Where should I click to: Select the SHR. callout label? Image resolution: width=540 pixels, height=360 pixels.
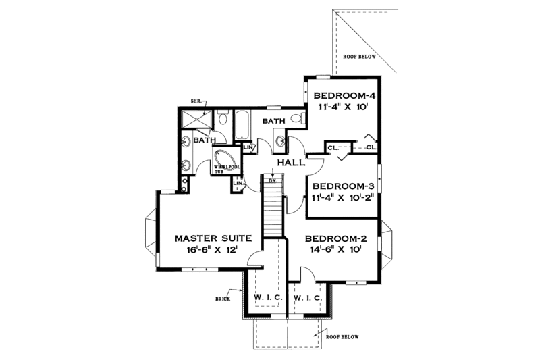tap(196, 101)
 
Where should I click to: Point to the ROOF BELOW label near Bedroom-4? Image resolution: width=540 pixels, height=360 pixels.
tap(359, 57)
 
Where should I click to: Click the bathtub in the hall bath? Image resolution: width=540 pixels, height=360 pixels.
tap(241, 125)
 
